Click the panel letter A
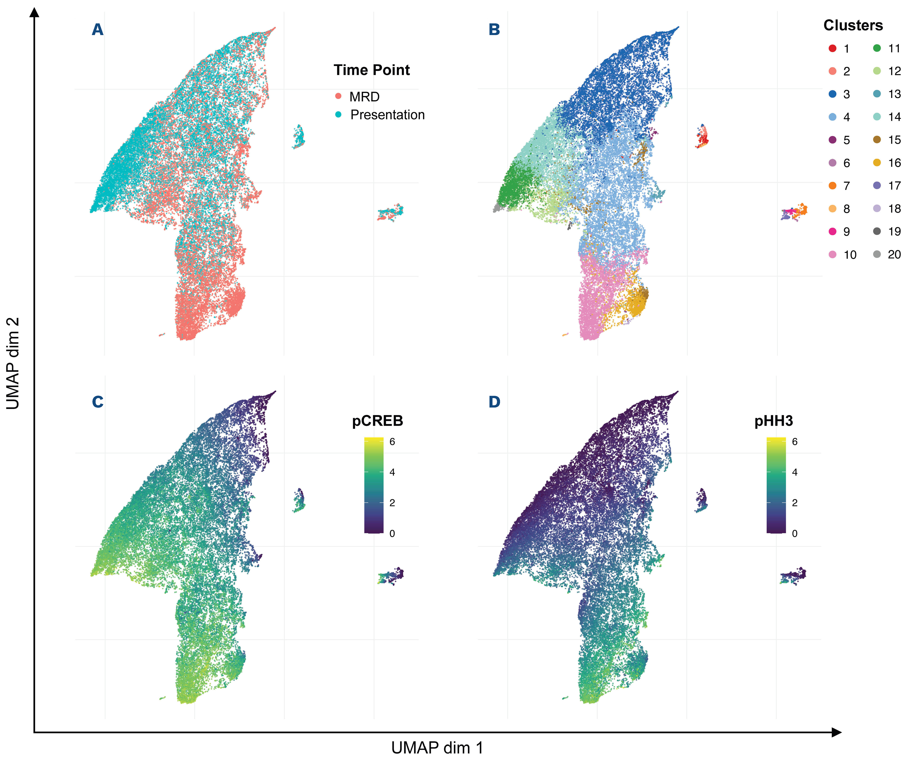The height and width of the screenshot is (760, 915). point(98,30)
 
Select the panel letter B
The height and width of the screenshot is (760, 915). point(494,30)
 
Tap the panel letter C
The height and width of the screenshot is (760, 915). point(98,401)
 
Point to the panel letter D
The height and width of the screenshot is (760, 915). point(494,401)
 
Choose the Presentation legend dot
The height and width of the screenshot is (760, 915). point(339,115)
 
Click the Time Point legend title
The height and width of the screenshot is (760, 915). point(372,70)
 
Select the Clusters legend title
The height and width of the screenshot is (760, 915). point(853,25)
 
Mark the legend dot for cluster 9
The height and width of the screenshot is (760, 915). point(832,231)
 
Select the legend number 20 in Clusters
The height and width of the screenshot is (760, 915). point(894,254)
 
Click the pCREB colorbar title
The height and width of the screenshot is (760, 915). point(377,421)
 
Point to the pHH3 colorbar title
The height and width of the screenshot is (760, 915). point(773,421)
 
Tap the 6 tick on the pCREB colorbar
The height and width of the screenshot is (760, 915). point(392,442)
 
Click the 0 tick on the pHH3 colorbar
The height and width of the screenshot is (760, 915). point(794,533)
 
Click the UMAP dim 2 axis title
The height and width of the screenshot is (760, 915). point(13,363)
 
